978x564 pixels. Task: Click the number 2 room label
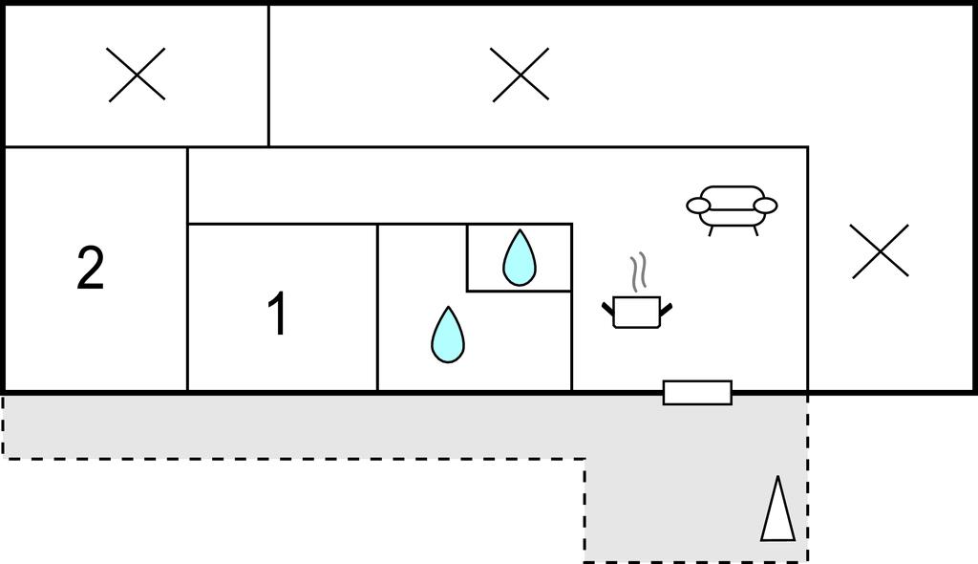pyautogui.click(x=90, y=268)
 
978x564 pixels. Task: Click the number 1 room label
pyautogui.click(x=278, y=314)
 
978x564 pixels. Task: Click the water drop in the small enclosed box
pyautogui.click(x=520, y=258)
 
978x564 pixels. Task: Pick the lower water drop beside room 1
pyautogui.click(x=448, y=335)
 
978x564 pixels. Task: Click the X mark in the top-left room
pyautogui.click(x=137, y=75)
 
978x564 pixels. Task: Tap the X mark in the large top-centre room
pyautogui.click(x=521, y=75)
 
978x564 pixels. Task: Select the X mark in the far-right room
pyautogui.click(x=880, y=251)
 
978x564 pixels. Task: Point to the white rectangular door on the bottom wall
pyautogui.click(x=697, y=393)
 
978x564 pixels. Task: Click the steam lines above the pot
pyautogui.click(x=637, y=272)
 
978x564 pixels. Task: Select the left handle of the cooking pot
pyautogui.click(x=608, y=308)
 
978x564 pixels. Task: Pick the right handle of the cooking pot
pyautogui.click(x=666, y=308)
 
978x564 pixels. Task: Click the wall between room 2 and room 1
pyautogui.click(x=188, y=270)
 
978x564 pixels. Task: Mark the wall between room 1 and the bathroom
pyautogui.click(x=377, y=307)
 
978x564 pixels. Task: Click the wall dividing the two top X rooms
pyautogui.click(x=268, y=76)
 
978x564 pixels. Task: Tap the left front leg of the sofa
pyautogui.click(x=711, y=231)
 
